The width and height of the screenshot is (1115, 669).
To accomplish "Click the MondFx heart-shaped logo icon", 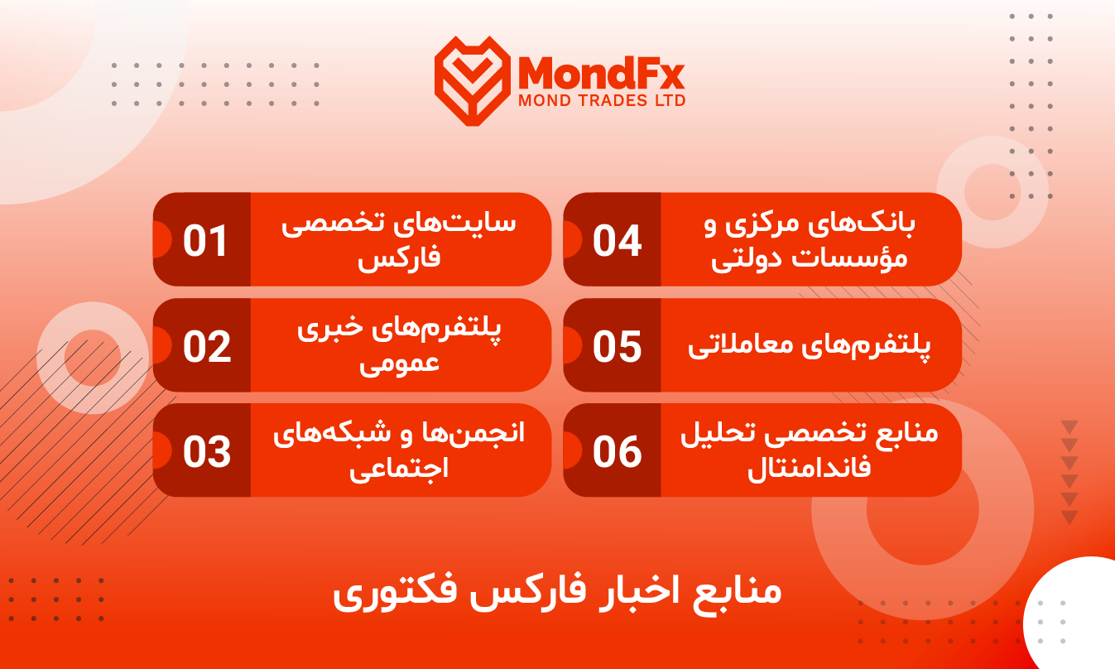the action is (473, 80).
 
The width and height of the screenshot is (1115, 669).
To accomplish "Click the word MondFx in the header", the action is (601, 73).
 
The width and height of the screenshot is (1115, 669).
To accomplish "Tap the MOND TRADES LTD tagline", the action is (602, 100).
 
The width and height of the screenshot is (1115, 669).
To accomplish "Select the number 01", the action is (205, 241).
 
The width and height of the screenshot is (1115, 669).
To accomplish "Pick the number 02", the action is (207, 346).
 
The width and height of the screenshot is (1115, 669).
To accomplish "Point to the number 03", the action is (207, 452).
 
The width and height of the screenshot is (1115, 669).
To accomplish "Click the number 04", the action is (618, 241).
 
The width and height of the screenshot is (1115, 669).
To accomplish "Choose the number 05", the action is (618, 346).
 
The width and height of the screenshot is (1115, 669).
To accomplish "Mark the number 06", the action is (618, 452).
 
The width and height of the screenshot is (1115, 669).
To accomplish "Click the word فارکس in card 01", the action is (399, 257).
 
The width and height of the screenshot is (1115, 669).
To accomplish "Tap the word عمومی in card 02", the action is (399, 364).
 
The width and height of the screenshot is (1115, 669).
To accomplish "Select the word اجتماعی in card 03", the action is (399, 469).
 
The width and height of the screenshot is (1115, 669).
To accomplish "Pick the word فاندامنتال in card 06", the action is (810, 468).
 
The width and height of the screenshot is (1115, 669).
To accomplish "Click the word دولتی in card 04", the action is (746, 259).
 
